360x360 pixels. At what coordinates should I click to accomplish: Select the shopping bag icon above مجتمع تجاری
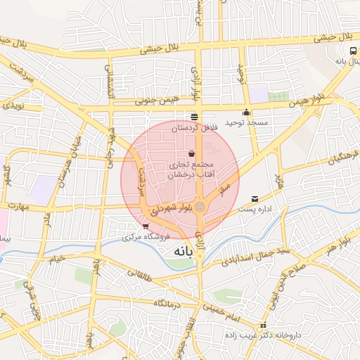click(192, 154)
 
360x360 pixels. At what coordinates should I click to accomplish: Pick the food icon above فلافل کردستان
click(194, 117)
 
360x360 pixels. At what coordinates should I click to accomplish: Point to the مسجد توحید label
click(246, 123)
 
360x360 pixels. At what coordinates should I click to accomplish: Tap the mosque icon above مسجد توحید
click(246, 112)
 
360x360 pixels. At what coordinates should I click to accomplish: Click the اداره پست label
click(254, 209)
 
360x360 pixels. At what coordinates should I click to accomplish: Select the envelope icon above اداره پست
click(255, 198)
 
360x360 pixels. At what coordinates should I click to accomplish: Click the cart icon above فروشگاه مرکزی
click(146, 226)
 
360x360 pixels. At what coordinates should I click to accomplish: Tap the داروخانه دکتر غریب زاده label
click(268, 335)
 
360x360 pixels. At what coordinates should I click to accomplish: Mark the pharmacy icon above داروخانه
click(263, 326)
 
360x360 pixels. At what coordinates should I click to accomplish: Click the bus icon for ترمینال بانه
click(353, 51)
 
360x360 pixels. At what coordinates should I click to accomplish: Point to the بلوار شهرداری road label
click(169, 209)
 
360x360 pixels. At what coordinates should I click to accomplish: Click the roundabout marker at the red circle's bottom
click(200, 207)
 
